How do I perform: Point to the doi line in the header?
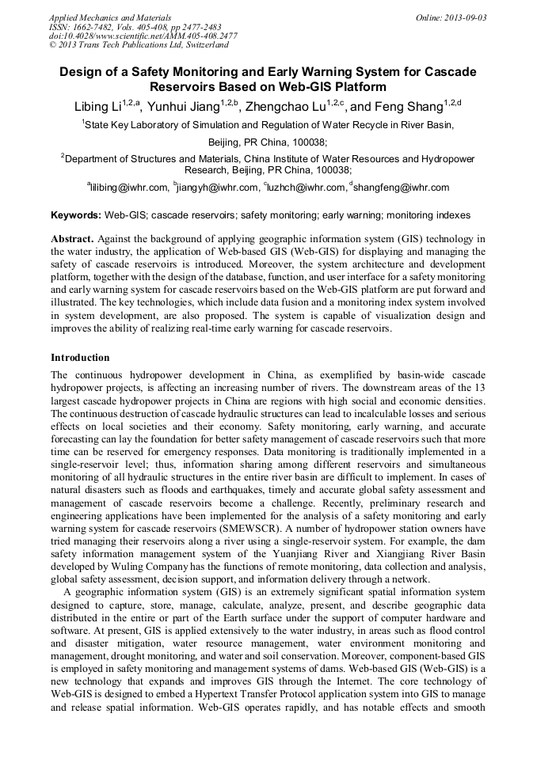(143, 36)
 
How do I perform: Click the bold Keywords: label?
(76, 215)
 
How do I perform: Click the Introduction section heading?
(80, 358)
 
